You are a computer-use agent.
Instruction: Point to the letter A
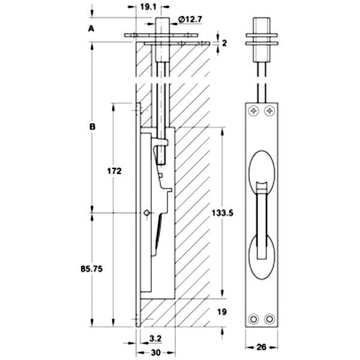coord(91,28)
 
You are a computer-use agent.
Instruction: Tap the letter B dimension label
coord(91,127)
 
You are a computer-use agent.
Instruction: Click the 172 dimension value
coord(115,171)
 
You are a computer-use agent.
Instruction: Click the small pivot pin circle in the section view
coord(146,213)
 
